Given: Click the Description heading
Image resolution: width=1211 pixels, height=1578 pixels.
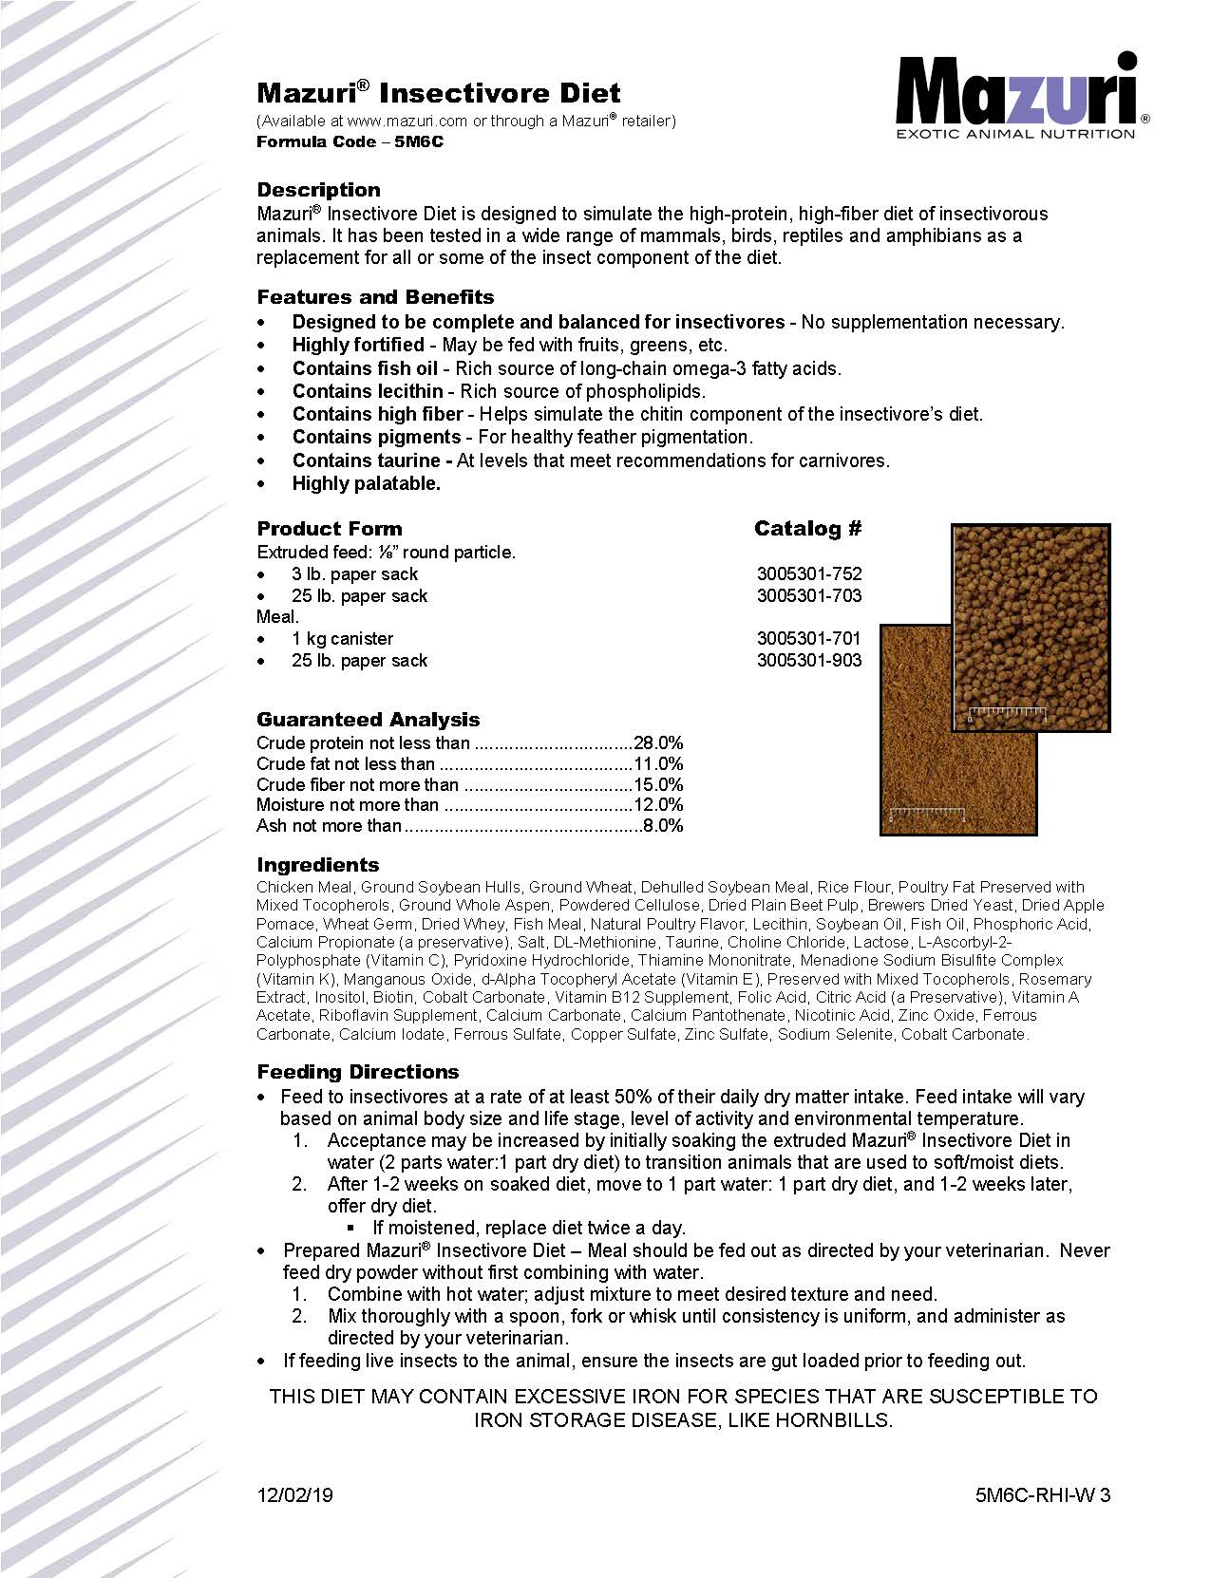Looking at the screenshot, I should point(318,189).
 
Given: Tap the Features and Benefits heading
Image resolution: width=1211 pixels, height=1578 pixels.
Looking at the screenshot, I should point(375,296).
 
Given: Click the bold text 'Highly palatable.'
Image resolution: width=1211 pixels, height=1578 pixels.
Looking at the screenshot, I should point(366,483).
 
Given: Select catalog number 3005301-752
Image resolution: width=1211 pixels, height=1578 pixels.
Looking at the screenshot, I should point(809,574).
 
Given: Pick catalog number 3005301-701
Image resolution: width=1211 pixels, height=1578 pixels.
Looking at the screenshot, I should point(809,639).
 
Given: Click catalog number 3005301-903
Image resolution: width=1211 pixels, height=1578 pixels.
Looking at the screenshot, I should point(809,661).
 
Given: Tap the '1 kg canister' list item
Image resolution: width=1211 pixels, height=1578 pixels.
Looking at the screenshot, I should point(342,639).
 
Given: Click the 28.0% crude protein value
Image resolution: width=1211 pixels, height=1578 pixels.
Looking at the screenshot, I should point(659,743).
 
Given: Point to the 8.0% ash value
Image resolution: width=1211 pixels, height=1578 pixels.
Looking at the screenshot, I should point(663,826).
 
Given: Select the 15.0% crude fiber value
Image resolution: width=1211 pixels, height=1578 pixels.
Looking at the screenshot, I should point(659,785).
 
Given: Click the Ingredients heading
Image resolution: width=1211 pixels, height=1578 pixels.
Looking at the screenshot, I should point(317,865).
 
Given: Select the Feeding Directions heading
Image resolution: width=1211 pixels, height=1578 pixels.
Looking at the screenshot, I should point(357,1072).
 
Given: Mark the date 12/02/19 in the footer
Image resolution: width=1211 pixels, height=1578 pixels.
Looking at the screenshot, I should point(294,1495).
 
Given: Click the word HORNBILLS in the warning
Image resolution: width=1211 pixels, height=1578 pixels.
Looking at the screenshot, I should point(833,1421).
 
